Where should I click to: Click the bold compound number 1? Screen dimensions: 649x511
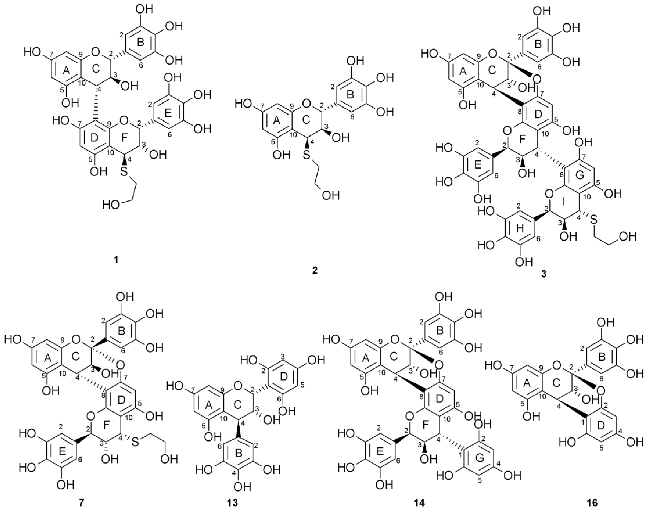(116, 260)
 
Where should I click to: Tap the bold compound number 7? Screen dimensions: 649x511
(82, 502)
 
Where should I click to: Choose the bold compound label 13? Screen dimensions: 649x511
(233, 502)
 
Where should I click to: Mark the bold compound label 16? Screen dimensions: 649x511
(592, 502)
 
